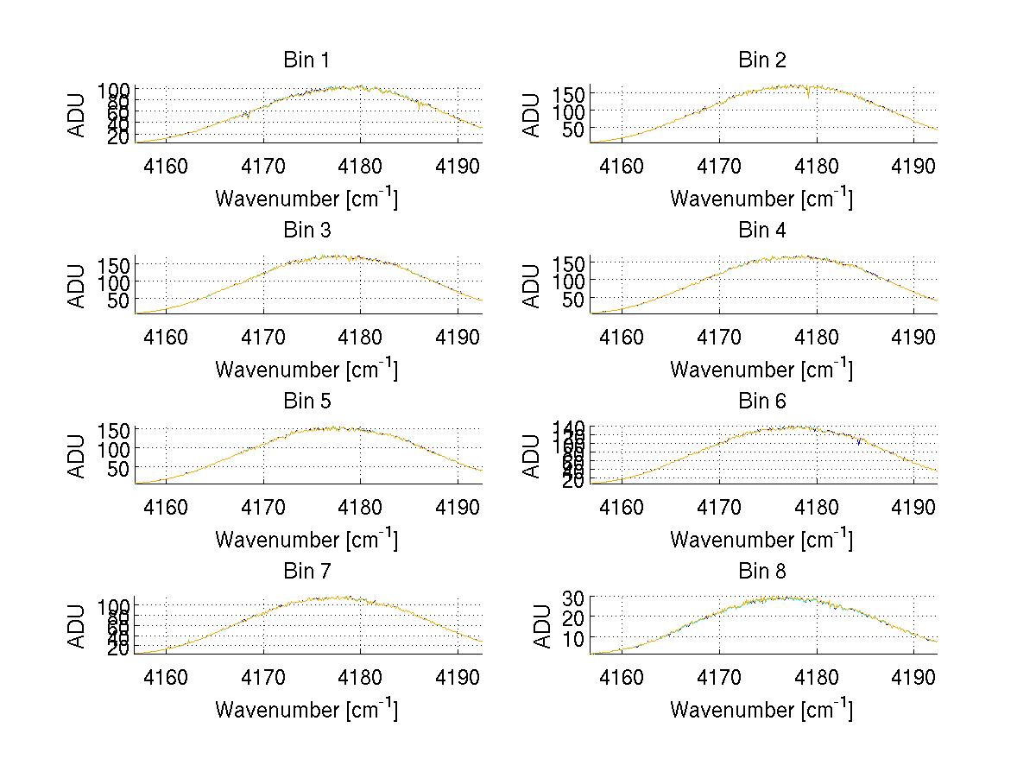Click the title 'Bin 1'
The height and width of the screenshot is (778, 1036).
coord(306,60)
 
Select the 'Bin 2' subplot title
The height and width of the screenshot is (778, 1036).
coord(762,60)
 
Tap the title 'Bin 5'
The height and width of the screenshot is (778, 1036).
coord(306,402)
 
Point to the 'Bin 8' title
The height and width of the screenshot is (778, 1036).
coord(762,572)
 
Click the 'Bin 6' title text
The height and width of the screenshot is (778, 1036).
coord(762,402)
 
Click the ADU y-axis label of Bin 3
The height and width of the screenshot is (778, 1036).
coord(78,285)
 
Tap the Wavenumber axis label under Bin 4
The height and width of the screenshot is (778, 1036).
coord(761,369)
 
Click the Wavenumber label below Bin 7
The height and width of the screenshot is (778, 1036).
coord(306,710)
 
